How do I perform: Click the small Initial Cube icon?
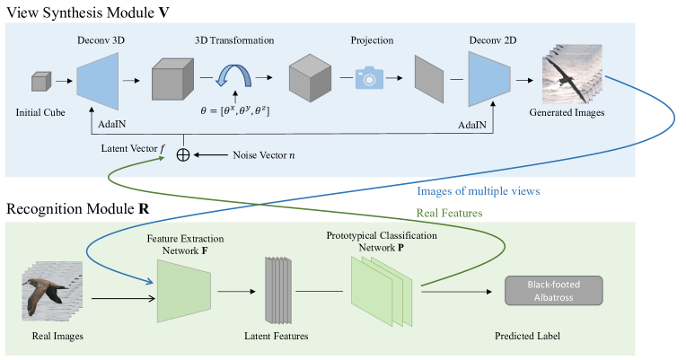pos(40,83)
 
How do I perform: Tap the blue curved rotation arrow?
pos(235,76)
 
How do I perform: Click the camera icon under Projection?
pos(369,79)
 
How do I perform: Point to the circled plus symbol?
pos(182,154)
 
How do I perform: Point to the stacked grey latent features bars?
pos(277,290)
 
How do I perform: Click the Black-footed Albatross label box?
pos(552,290)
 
